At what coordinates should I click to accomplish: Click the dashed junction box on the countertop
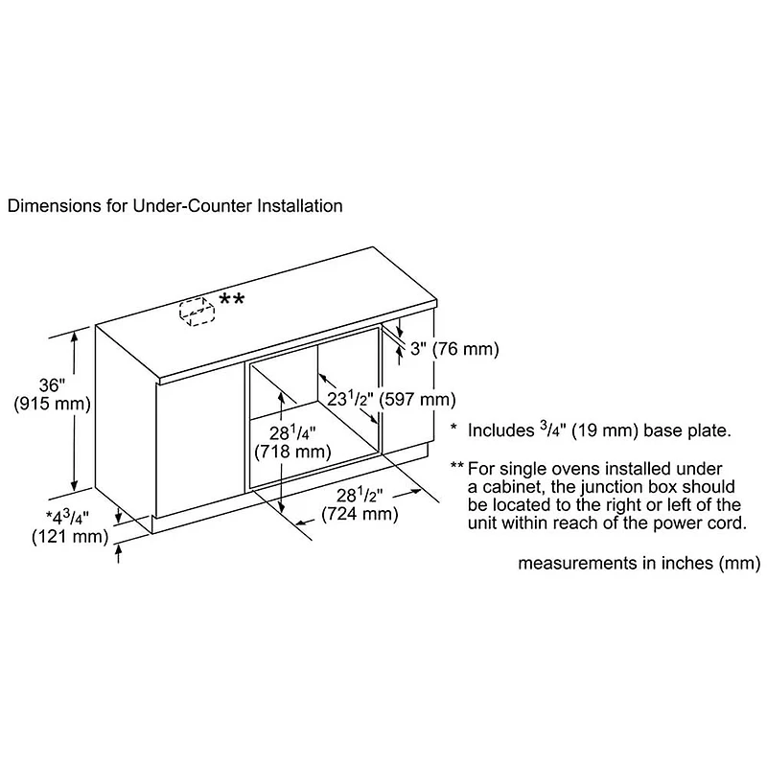(196, 313)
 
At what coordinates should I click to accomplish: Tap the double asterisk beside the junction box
(232, 300)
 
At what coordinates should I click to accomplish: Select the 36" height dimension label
(51, 384)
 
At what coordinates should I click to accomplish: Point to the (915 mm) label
(52, 404)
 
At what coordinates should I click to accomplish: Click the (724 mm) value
(359, 515)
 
